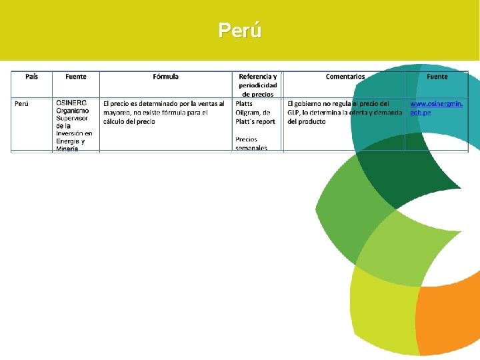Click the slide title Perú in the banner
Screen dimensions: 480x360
pos(240,31)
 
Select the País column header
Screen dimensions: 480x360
pos(31,77)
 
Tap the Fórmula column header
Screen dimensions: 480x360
pos(165,77)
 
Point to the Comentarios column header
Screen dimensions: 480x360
pos(345,77)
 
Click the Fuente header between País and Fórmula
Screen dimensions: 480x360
pos(76,77)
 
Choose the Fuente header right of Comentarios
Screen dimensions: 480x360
pos(437,77)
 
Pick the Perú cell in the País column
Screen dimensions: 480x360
pos(22,104)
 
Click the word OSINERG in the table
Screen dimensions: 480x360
pos(71,103)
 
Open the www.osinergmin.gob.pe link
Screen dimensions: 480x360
pos(436,108)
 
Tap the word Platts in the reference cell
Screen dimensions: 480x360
pos(244,104)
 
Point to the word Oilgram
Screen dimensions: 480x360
pos(247,113)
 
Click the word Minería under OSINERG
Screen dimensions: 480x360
pos(67,149)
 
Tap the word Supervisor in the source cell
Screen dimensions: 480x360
pos(72,118)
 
